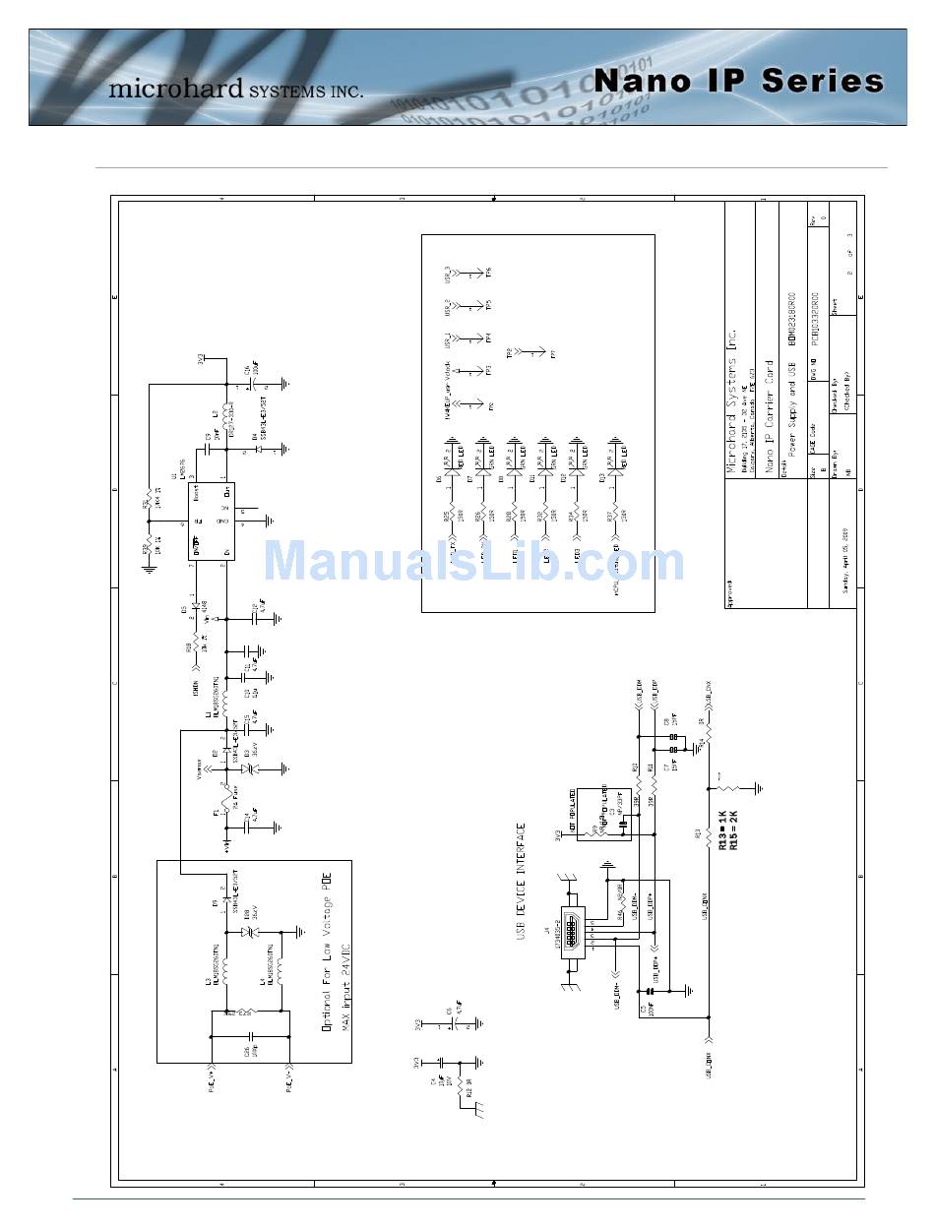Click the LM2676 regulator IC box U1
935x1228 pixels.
[x=212, y=521]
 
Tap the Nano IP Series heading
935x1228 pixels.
[x=738, y=81]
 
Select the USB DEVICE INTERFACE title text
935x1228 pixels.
[x=522, y=882]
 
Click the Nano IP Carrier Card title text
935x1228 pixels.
[x=771, y=418]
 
